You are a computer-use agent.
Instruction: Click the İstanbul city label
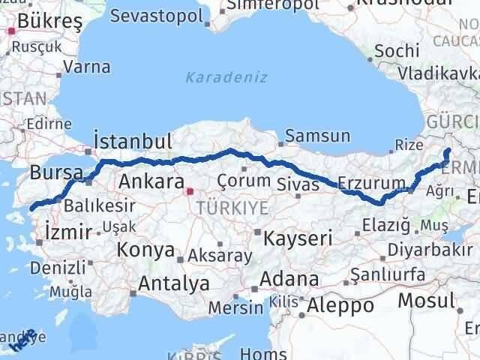133,141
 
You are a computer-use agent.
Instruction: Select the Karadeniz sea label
216,76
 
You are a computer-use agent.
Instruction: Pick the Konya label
148,250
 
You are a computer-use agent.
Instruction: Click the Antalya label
174,283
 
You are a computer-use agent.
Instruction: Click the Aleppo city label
340,305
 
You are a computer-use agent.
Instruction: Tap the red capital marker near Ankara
190,191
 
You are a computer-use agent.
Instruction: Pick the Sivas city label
293,181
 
